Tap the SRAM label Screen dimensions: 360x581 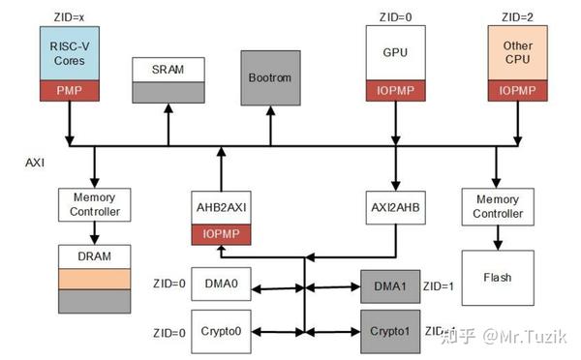pyautogui.click(x=169, y=70)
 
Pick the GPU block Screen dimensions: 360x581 pyautogui.click(x=395, y=53)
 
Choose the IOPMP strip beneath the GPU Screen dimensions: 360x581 pyautogui.click(x=395, y=90)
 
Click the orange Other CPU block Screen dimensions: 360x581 pyautogui.click(x=518, y=53)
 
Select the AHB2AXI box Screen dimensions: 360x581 pyautogui.click(x=224, y=208)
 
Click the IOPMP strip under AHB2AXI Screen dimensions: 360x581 pyautogui.click(x=224, y=233)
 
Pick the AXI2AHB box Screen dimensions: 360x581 pyautogui.click(x=394, y=208)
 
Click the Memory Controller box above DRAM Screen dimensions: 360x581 pyautogui.click(x=94, y=204)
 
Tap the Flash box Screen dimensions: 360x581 pyautogui.click(x=498, y=278)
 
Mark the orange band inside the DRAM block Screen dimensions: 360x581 pyautogui.click(x=94, y=279)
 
